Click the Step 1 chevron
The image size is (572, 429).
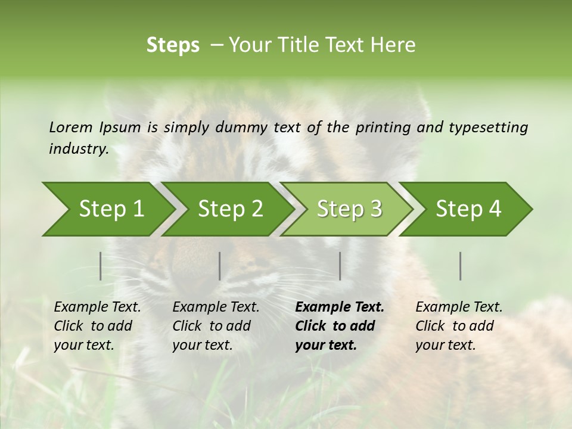coord(111,209)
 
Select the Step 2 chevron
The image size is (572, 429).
coord(231,209)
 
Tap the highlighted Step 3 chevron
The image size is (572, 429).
coord(350,209)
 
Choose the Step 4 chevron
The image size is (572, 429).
coord(469,209)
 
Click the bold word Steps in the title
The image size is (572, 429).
coord(173,45)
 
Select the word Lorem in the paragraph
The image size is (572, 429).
coord(70,127)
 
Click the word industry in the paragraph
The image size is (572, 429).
coord(78,148)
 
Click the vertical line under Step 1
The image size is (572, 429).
coord(100,266)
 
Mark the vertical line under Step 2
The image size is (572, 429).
coord(220,266)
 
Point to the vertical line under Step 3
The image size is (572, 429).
coord(340,266)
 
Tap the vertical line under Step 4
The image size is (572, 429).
coord(460,266)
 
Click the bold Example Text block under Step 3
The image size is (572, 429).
coord(340,326)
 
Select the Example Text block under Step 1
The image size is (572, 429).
coord(97,326)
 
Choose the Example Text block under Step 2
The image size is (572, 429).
coord(216,326)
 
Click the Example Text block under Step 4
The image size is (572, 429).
coord(459,326)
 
